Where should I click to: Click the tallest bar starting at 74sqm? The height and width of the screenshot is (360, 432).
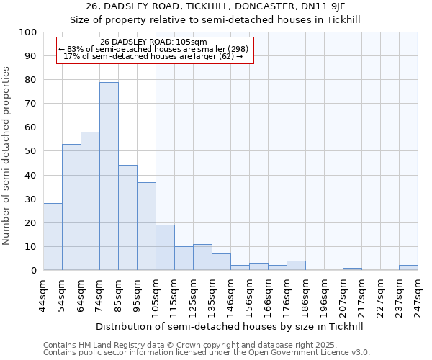pyautogui.click(x=109, y=176)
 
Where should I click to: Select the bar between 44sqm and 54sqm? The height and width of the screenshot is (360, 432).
pyautogui.click(x=53, y=237)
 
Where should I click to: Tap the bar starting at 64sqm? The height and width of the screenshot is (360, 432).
pyautogui.click(x=90, y=201)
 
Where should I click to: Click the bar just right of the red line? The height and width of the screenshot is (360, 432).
pyautogui.click(x=165, y=248)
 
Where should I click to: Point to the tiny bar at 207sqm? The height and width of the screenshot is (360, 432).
pyautogui.click(x=352, y=269)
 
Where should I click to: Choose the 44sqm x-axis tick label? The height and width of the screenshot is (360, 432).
pyautogui.click(x=44, y=294)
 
